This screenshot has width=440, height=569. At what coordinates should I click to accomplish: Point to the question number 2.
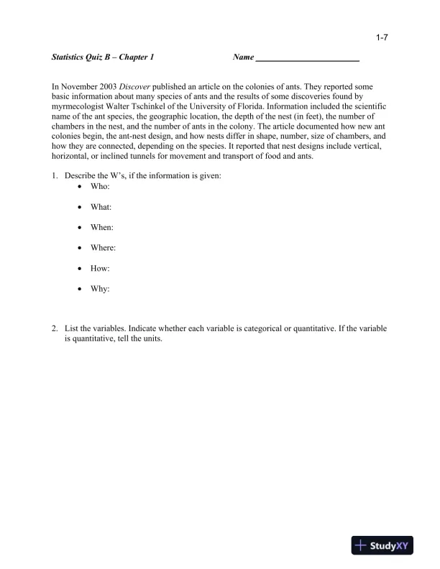coord(54,329)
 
